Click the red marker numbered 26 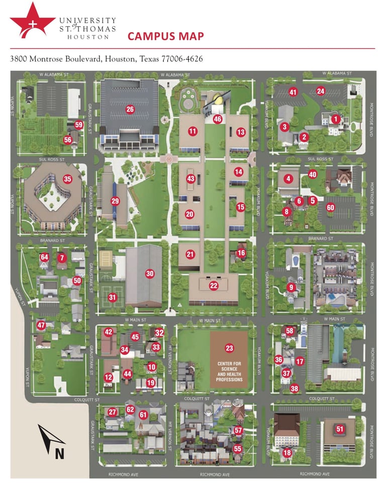(x=130, y=109)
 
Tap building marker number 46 (x=217, y=119)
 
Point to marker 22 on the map (x=214, y=285)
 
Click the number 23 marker (x=230, y=348)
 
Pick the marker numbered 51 (x=340, y=429)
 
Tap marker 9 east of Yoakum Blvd (x=291, y=287)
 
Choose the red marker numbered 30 (x=149, y=274)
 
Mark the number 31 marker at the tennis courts (x=113, y=297)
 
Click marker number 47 (x=41, y=325)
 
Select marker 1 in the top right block (x=335, y=119)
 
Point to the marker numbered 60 (x=330, y=207)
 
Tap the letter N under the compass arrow (x=59, y=453)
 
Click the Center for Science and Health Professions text (x=229, y=371)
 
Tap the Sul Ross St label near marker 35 (x=52, y=159)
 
